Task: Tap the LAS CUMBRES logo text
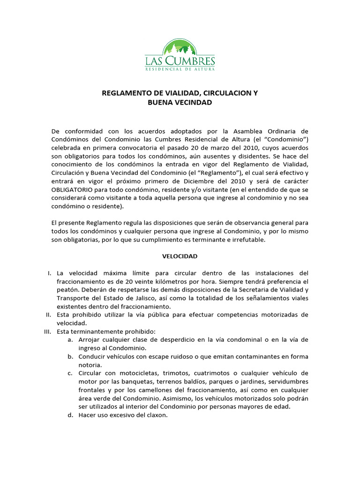click(x=180, y=61)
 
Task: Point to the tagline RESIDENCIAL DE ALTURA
click(x=180, y=69)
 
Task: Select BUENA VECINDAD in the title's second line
click(x=180, y=102)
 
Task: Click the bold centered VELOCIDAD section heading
click(x=180, y=256)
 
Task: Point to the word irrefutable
click(x=249, y=240)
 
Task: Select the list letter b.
click(x=70, y=356)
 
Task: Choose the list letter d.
click(x=70, y=415)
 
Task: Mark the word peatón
click(x=67, y=290)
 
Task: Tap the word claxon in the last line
click(x=157, y=415)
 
